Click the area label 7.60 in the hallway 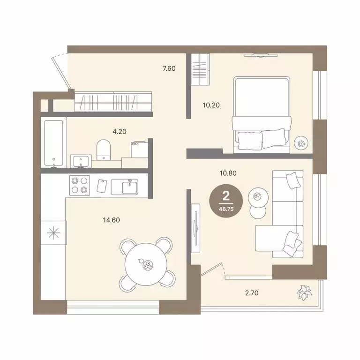click(169, 68)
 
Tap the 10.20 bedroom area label click(211, 105)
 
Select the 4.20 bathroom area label click(120, 132)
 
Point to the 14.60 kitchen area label click(112, 220)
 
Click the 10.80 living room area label click(228, 173)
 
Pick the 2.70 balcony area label click(252, 293)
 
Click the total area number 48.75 click(226, 209)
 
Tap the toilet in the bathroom click(104, 150)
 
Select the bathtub click(54, 143)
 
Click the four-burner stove click(79, 185)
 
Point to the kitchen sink click(125, 187)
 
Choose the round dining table click(146, 264)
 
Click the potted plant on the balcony click(305, 292)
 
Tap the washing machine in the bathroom click(139, 150)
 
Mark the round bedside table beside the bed click(301, 143)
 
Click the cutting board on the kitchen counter click(102, 186)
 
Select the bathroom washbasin click(81, 161)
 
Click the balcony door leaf click(211, 269)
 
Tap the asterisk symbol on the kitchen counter click(53, 233)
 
